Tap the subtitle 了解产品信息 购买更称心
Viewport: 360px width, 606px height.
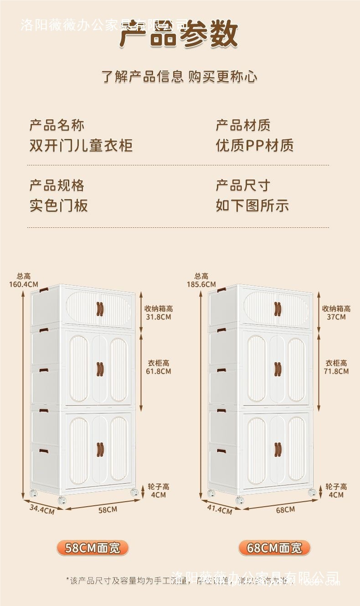click(x=179, y=77)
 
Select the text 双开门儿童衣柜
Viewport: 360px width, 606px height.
click(x=81, y=145)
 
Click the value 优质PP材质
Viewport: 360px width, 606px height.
click(x=255, y=145)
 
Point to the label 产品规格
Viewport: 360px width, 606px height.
click(x=57, y=185)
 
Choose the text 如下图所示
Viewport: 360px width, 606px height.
click(x=252, y=205)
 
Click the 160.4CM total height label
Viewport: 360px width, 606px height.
click(x=24, y=284)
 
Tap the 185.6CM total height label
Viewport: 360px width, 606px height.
click(x=201, y=284)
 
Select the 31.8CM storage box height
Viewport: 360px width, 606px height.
click(x=159, y=317)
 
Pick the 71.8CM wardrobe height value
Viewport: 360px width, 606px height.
click(x=336, y=371)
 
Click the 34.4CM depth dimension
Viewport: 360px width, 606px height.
click(x=42, y=509)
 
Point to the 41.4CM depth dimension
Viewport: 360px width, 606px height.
click(x=220, y=509)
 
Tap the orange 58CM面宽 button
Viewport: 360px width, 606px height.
click(x=93, y=548)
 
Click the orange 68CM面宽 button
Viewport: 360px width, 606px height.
click(x=274, y=548)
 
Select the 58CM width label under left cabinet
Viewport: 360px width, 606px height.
click(x=108, y=509)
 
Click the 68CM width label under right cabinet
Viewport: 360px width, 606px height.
click(x=285, y=509)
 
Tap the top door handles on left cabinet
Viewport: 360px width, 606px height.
click(x=100, y=308)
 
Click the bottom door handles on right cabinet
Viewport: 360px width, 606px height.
click(x=278, y=449)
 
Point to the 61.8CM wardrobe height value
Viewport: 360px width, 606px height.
click(x=159, y=371)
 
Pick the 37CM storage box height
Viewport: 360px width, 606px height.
click(x=336, y=317)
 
